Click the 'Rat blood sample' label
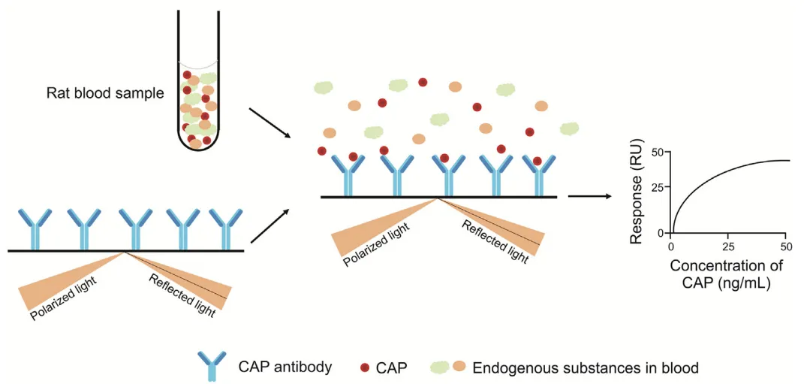105,94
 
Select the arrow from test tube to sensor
268,122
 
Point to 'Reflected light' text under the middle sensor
495,240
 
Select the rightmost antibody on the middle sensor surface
539,174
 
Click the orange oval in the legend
459,366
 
